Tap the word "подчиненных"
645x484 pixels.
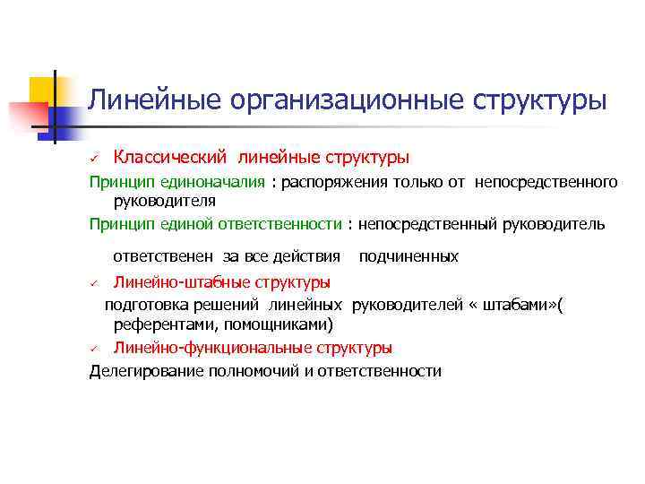tap(408, 257)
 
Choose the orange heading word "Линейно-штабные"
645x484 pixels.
tap(170, 282)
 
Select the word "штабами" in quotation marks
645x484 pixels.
tap(519, 305)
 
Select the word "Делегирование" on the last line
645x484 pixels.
tap(142, 371)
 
